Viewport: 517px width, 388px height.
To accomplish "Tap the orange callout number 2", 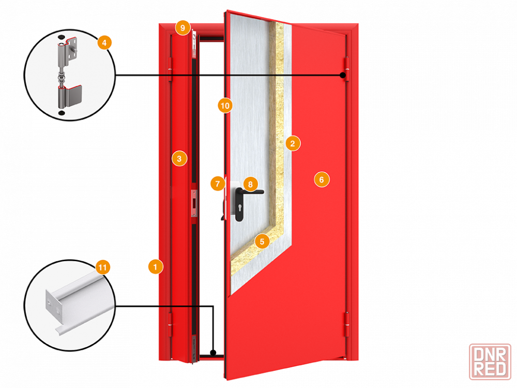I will (292, 143).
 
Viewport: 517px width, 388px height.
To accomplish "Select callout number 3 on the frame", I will (179, 158).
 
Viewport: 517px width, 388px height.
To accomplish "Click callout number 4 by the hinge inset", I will (104, 42).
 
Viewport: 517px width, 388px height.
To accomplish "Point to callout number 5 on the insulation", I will (262, 241).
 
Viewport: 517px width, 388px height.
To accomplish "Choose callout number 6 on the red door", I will (321, 180).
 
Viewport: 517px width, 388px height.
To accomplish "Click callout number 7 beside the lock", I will (218, 183).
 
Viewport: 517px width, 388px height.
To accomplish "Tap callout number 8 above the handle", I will (250, 184).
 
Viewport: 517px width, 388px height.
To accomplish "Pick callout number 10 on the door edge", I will (224, 106).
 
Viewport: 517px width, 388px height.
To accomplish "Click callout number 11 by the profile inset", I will (103, 267).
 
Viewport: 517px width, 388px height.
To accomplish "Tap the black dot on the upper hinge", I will (342, 76).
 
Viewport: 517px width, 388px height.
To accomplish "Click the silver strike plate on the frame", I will (194, 203).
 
